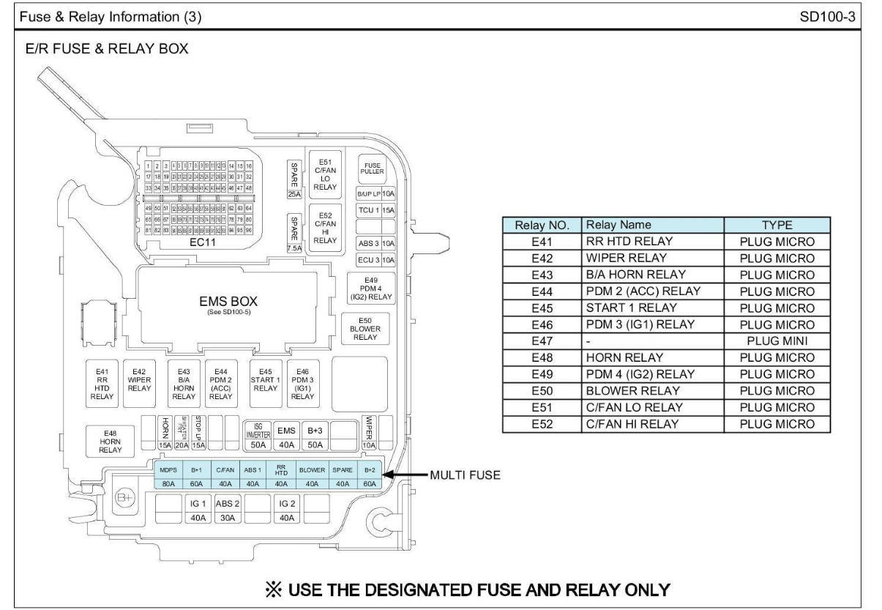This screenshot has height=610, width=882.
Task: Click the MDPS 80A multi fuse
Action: coord(168,475)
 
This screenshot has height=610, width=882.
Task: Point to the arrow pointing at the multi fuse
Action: coord(406,475)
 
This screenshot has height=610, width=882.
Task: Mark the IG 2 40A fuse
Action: coord(286,510)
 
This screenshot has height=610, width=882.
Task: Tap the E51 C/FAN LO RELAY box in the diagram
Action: coord(324,173)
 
